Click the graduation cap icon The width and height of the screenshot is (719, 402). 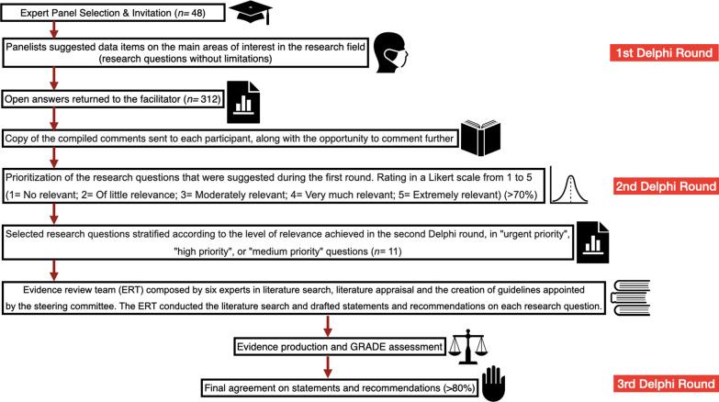[251, 12]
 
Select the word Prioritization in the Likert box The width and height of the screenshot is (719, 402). [37, 174]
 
